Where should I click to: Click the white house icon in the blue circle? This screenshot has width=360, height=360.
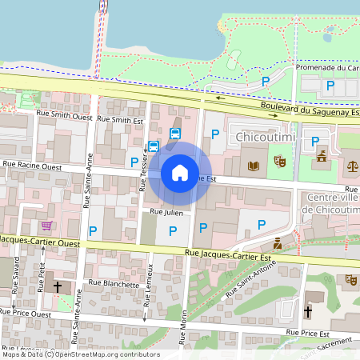pyautogui.click(x=180, y=172)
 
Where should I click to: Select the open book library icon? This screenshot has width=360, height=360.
pyautogui.click(x=255, y=166)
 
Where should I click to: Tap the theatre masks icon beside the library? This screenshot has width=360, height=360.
pyautogui.click(x=280, y=162)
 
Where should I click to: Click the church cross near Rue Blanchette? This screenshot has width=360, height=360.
pyautogui.click(x=57, y=285)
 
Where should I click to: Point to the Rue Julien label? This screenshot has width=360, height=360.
pyautogui.click(x=168, y=213)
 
